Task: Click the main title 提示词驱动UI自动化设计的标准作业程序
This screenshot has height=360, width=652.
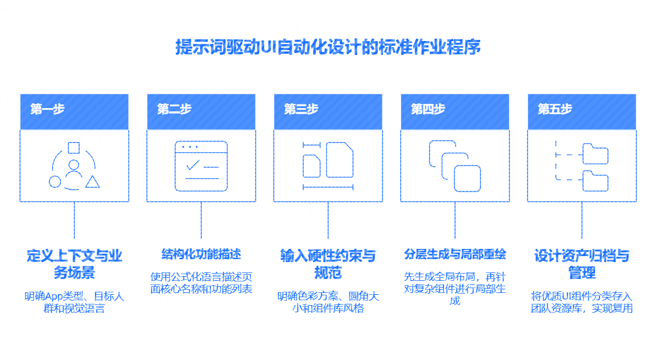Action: point(328,47)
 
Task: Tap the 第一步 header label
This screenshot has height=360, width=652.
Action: point(47,109)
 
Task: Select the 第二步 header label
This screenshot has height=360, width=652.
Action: point(174,109)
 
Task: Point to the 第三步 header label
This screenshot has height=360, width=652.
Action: point(301,109)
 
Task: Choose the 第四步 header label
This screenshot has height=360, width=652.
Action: point(428,109)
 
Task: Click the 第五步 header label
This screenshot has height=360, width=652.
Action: point(555,109)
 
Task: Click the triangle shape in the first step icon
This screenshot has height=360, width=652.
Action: point(92,181)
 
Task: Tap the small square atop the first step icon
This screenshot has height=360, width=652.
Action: point(74,147)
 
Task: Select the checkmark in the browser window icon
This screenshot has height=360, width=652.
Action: point(193,165)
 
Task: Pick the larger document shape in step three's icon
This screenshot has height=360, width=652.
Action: point(340,159)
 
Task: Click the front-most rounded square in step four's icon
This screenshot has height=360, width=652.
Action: point(467,178)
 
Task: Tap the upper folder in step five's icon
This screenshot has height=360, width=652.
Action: point(595,154)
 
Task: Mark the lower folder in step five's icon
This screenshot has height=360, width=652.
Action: point(595,181)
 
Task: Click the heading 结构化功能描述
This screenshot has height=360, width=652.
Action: point(201,254)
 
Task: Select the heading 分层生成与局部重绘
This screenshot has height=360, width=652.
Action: point(455,254)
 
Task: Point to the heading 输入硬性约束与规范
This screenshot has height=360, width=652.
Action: point(328,264)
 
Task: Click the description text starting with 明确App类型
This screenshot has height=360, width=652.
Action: point(74,302)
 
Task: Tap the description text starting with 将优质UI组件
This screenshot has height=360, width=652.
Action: point(582,302)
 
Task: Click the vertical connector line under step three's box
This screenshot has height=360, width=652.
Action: point(328,220)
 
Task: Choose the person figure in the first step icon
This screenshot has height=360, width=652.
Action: point(74,170)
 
